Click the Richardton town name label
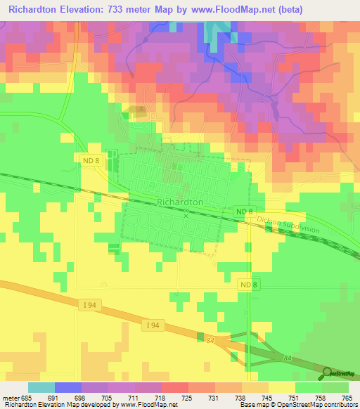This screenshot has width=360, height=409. point(181,202)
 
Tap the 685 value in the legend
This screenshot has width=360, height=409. point(27,398)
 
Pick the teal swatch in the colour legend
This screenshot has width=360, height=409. point(41,387)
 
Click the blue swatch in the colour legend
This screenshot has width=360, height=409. point(68,387)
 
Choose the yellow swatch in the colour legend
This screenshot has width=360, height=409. point(281,387)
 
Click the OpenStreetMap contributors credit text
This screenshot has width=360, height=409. point(313,405)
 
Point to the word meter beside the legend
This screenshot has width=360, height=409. point(12,398)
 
